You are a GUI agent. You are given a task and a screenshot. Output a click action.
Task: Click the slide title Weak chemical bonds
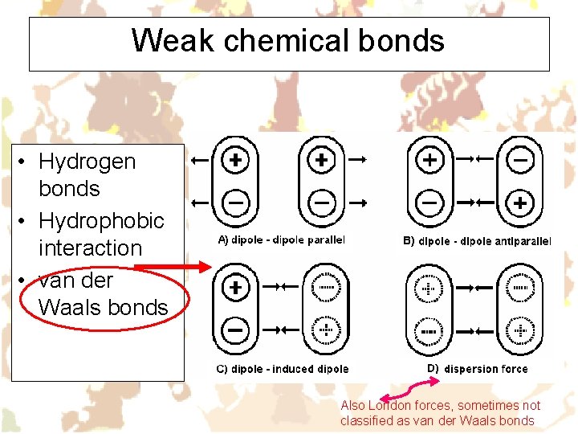(x=288, y=40)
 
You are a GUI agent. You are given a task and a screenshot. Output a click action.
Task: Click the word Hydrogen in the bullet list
(x=87, y=162)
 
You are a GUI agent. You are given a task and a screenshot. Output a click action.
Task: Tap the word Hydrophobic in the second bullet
(x=101, y=221)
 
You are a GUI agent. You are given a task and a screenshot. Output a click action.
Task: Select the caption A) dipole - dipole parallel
(x=282, y=240)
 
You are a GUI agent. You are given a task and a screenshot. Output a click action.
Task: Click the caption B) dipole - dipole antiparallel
(x=477, y=240)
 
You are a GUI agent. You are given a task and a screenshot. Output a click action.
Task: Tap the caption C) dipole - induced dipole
(x=282, y=369)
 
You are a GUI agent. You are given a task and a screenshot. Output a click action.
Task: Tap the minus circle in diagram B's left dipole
(x=430, y=203)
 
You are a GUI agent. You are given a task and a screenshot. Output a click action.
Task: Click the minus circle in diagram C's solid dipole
(x=235, y=329)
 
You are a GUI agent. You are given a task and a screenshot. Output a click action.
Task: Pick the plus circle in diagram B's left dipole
(x=430, y=160)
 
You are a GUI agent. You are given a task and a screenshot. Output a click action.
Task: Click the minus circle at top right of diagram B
(x=520, y=160)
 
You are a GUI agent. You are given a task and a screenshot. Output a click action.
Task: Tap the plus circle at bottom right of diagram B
(x=520, y=203)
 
